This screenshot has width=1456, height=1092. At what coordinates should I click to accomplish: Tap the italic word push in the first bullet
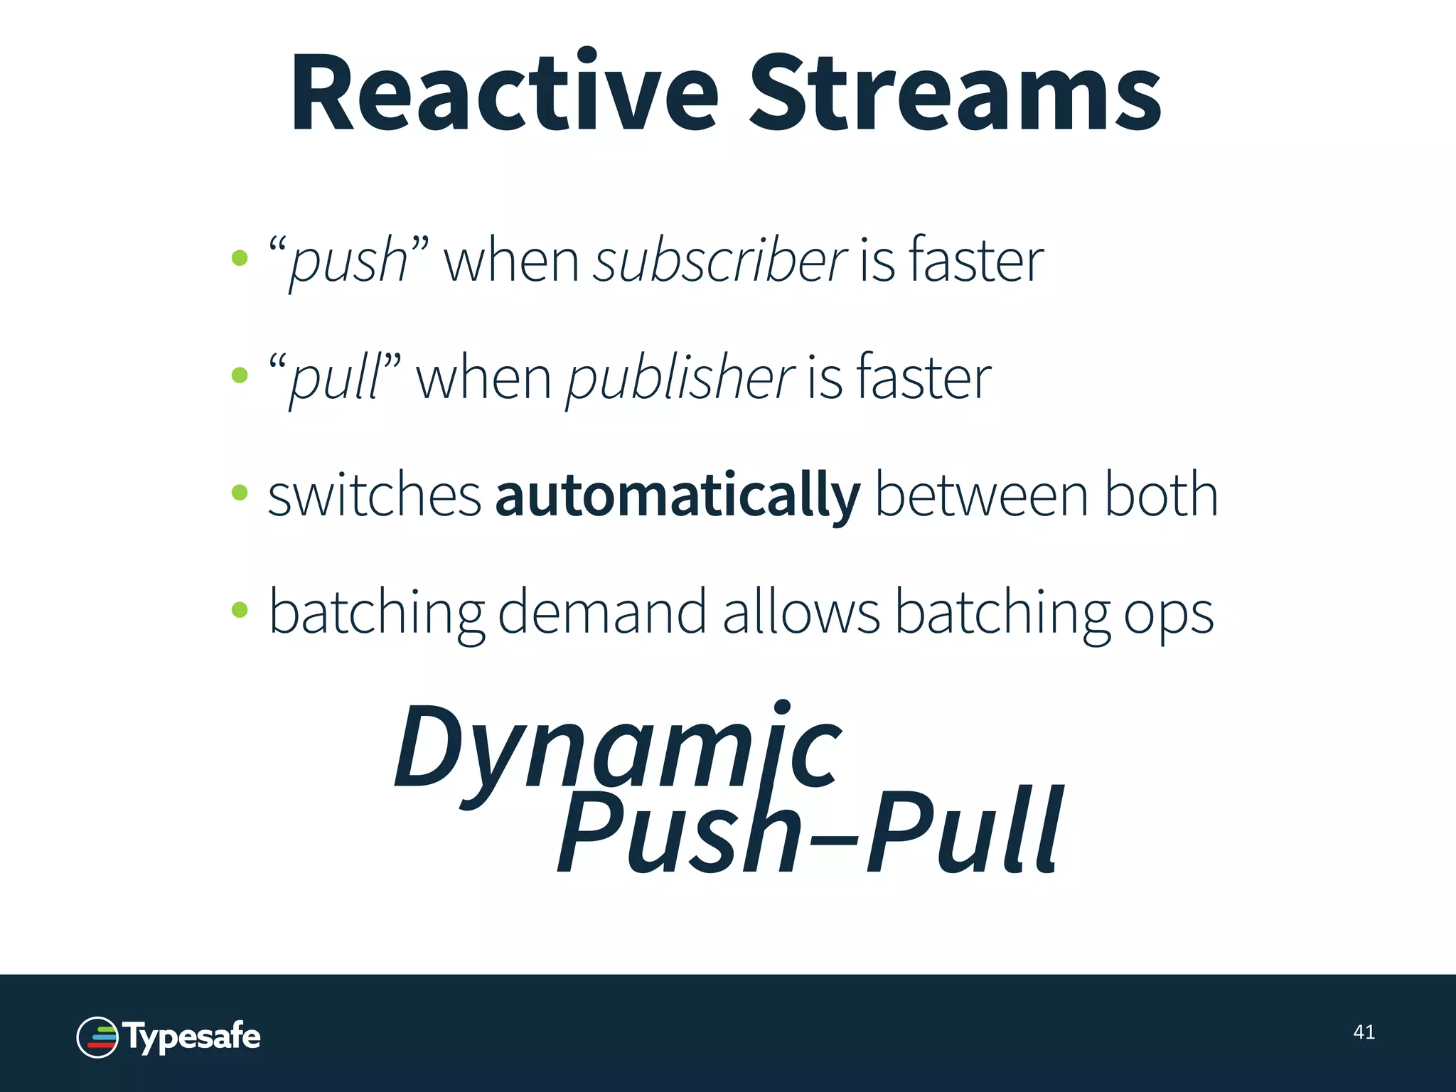click(348, 262)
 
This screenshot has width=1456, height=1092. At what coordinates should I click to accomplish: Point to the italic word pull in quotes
click(335, 379)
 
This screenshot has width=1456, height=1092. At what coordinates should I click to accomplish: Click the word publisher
click(680, 378)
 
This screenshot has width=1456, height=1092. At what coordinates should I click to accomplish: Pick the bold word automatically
click(678, 496)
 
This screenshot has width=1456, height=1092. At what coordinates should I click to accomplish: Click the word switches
click(375, 496)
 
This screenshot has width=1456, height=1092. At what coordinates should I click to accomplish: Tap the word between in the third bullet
click(982, 496)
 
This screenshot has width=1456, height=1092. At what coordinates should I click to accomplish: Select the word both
click(1161, 496)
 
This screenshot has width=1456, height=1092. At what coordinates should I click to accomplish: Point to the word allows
click(801, 613)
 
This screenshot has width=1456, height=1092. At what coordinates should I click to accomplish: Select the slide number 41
click(1364, 1032)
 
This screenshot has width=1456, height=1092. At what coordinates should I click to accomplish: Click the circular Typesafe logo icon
click(97, 1037)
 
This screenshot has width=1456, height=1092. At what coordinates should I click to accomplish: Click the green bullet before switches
click(240, 492)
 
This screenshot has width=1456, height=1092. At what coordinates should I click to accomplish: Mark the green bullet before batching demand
click(240, 609)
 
